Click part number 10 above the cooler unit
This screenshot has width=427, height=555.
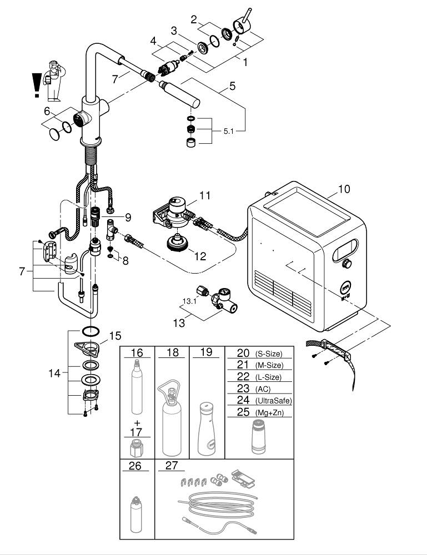click(344, 189)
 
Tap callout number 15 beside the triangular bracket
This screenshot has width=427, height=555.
click(115, 336)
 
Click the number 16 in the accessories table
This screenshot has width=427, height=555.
click(137, 353)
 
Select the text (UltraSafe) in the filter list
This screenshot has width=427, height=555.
click(272, 400)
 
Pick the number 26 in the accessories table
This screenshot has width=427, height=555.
click(135, 466)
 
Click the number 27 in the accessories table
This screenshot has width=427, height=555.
click(168, 466)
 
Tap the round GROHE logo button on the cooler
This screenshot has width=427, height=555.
click(345, 288)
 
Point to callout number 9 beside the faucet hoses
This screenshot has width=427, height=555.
click(128, 216)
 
